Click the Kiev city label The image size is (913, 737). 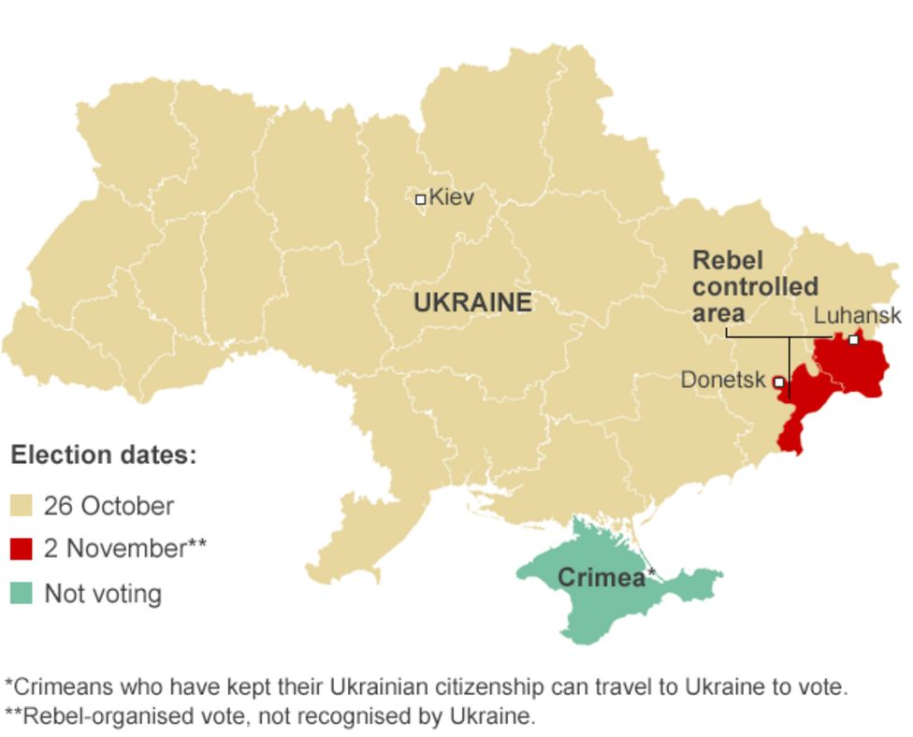451,198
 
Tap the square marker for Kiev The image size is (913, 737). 421,199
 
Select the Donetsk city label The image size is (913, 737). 722,381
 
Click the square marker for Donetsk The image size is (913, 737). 778,382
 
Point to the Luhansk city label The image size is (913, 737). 857,316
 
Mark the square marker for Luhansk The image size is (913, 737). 853,340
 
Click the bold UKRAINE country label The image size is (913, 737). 472,303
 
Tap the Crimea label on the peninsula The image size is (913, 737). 601,578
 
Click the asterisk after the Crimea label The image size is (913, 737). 651,571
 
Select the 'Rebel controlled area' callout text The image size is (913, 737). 754,286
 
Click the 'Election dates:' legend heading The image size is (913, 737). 104,456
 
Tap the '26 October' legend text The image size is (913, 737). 109,507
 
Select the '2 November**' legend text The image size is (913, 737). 125,549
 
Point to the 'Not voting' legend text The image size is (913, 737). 103,594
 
